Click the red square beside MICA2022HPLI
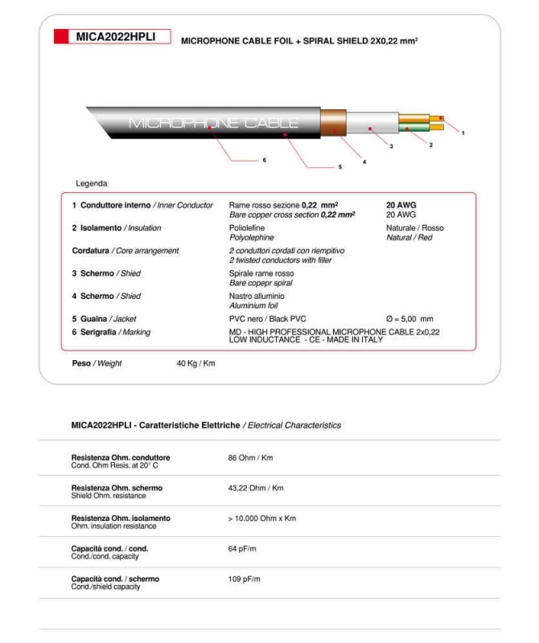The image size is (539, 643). pyautogui.click(x=61, y=36)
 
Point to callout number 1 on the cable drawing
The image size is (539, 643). pyautogui.click(x=463, y=133)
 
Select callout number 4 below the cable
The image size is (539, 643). pyautogui.click(x=364, y=162)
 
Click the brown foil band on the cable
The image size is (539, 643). pyautogui.click(x=333, y=123)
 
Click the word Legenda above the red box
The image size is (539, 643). pyautogui.click(x=91, y=183)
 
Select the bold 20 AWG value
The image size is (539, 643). pyautogui.click(x=401, y=205)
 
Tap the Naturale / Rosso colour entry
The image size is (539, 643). pyautogui.click(x=414, y=228)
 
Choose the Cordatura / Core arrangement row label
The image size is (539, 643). pyautogui.click(x=125, y=251)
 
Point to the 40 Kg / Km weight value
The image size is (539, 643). pyautogui.click(x=195, y=363)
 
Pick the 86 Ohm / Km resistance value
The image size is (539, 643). pyautogui.click(x=250, y=458)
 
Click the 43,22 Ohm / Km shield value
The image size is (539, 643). pyautogui.click(x=256, y=488)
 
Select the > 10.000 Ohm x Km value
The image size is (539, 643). pyautogui.click(x=261, y=518)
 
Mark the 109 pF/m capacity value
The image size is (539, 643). pyautogui.click(x=245, y=579)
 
